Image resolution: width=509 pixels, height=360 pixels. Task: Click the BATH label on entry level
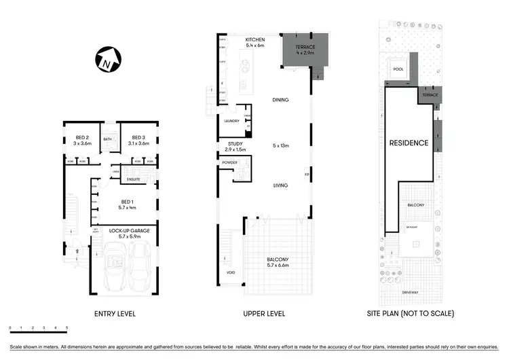107,139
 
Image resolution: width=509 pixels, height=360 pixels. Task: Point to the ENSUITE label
134,179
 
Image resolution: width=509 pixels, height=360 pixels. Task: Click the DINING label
280,100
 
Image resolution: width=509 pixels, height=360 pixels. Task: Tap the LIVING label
280,185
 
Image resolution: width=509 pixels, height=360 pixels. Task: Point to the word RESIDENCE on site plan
409,143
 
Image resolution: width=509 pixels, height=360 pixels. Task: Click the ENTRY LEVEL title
115,314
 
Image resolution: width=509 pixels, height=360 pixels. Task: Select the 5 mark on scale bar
67,329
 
